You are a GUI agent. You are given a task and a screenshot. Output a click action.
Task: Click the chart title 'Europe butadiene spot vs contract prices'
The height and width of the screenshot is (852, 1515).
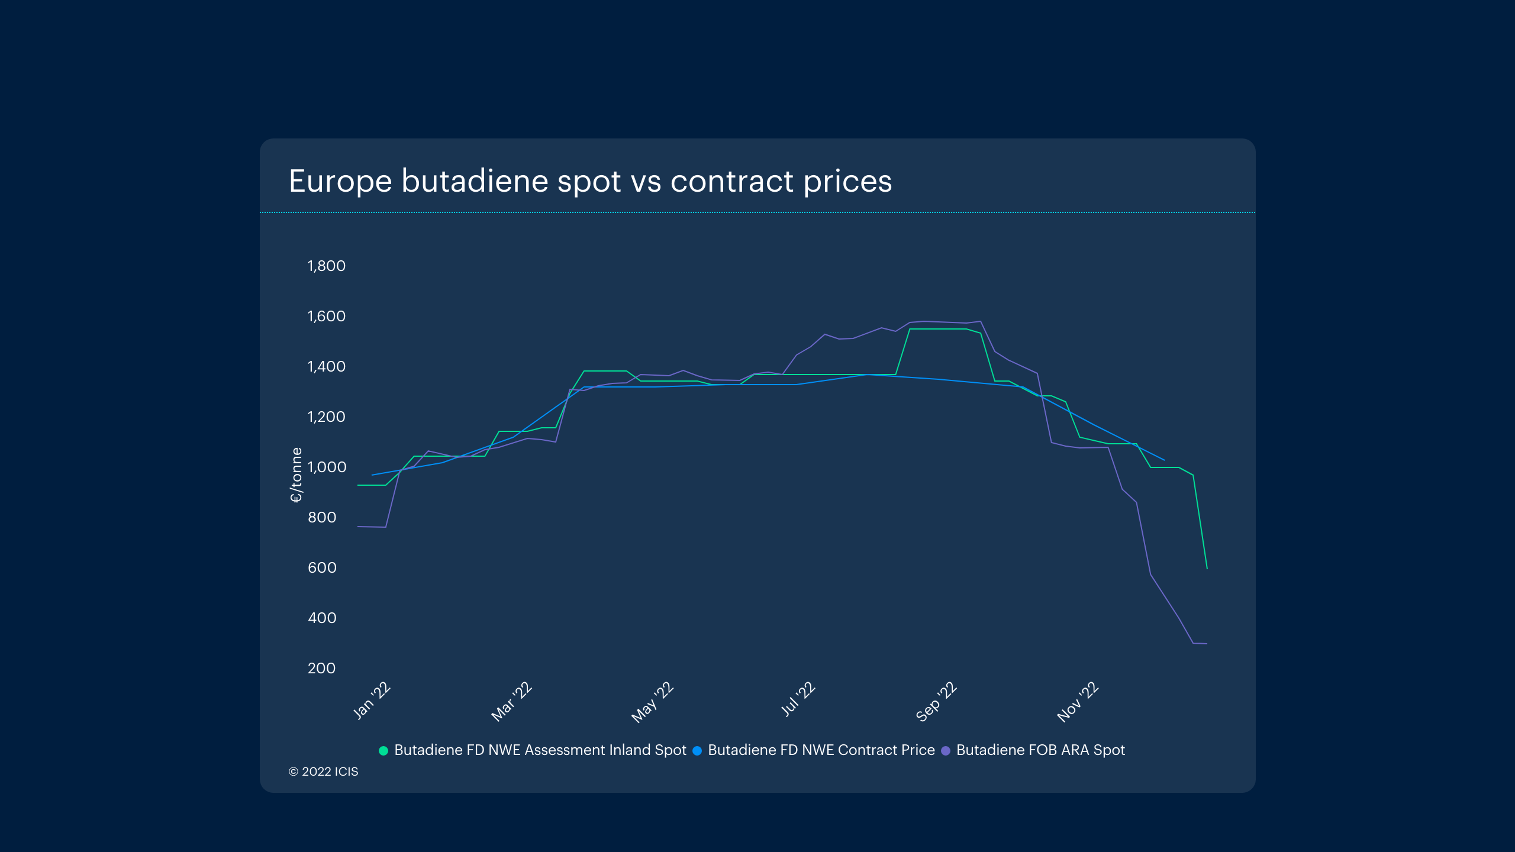point(590,181)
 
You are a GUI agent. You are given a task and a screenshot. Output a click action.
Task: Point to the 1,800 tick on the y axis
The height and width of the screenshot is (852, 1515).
point(326,266)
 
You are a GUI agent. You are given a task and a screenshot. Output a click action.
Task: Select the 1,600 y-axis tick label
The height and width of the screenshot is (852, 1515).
point(326,317)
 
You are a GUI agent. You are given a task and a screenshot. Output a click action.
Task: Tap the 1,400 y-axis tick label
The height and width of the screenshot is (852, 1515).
point(326,367)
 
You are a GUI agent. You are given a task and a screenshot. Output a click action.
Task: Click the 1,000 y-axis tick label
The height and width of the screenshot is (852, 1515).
point(326,467)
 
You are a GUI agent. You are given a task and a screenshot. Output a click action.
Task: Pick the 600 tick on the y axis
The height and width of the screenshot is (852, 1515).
point(322,568)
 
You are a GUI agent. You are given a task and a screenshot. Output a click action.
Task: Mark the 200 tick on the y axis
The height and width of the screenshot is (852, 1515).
point(321,669)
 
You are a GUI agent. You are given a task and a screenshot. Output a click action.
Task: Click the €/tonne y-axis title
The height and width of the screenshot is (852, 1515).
point(296,475)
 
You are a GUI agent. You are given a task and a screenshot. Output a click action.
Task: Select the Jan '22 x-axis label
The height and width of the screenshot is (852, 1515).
point(372,701)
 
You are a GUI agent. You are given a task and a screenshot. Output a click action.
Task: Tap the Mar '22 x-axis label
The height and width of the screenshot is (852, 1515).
point(512,702)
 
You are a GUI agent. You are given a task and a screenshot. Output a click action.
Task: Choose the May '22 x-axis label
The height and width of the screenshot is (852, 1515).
point(653,702)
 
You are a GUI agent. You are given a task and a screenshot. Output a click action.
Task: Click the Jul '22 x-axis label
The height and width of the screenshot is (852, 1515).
point(798,699)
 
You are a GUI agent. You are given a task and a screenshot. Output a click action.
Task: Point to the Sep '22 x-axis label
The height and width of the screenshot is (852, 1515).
point(936,702)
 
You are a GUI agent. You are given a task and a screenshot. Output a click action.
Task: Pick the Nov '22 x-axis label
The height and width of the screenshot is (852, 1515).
point(1078,702)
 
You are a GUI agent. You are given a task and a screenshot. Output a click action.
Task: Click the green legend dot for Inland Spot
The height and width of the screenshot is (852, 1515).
point(383,751)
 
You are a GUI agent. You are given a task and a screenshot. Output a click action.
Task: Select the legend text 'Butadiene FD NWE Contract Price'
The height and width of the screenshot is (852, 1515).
point(821,750)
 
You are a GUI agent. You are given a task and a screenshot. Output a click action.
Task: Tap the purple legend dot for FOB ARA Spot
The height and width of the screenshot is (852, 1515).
point(946,751)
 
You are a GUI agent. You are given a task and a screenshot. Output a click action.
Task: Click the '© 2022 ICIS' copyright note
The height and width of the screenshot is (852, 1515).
point(323,772)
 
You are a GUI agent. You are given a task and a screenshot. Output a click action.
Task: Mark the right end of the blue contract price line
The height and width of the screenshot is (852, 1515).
point(1164,460)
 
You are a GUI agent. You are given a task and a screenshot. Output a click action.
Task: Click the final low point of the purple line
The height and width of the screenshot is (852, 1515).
point(1206,644)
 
